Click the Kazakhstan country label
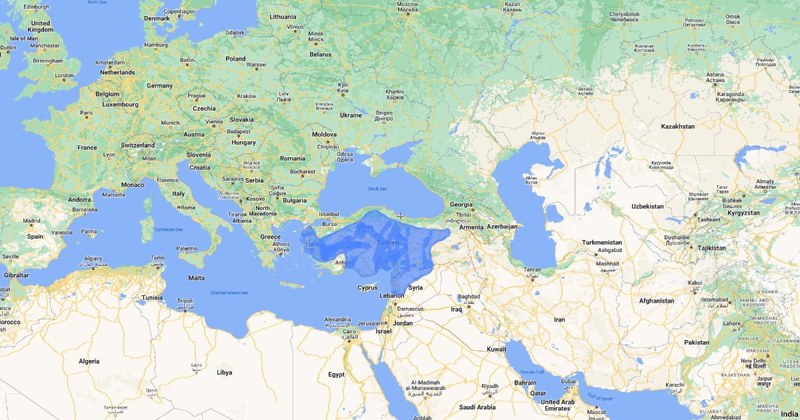click(x=677, y=126)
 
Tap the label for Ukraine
click(x=351, y=115)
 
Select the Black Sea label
click(x=377, y=189)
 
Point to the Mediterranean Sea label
click(x=230, y=293)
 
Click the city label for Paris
click(x=87, y=113)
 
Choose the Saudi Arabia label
click(x=477, y=407)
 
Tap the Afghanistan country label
click(x=656, y=301)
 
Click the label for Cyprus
click(x=367, y=288)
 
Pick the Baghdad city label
click(x=469, y=297)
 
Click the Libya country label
click(x=225, y=372)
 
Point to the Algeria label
click(x=89, y=361)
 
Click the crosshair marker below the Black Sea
click(x=400, y=216)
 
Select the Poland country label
click(x=235, y=59)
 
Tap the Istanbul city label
click(x=329, y=214)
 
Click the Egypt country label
click(x=336, y=375)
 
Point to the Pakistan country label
click(x=697, y=342)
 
